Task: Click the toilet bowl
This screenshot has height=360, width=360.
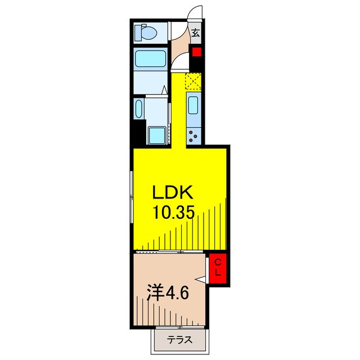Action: pos(150,33)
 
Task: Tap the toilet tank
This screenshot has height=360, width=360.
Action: pos(138,33)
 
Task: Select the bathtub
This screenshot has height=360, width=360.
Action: pos(150,58)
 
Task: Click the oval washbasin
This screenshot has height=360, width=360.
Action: pos(139,109)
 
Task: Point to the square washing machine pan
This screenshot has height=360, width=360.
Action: pos(157,136)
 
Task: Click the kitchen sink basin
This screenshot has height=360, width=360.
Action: pos(193,105)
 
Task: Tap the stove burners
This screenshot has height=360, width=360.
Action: pos(193,136)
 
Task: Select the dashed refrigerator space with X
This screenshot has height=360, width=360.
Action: pos(193,81)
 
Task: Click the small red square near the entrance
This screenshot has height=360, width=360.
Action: pos(196,52)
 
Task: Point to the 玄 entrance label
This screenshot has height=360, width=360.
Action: pos(196,33)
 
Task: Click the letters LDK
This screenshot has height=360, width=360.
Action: pos(173,193)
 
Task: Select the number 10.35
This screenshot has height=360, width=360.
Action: pos(174,213)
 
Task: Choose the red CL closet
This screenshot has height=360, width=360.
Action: pos(218,268)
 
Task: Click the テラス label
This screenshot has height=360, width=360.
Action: pos(179,340)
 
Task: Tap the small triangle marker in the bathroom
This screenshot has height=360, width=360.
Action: pos(164,90)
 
